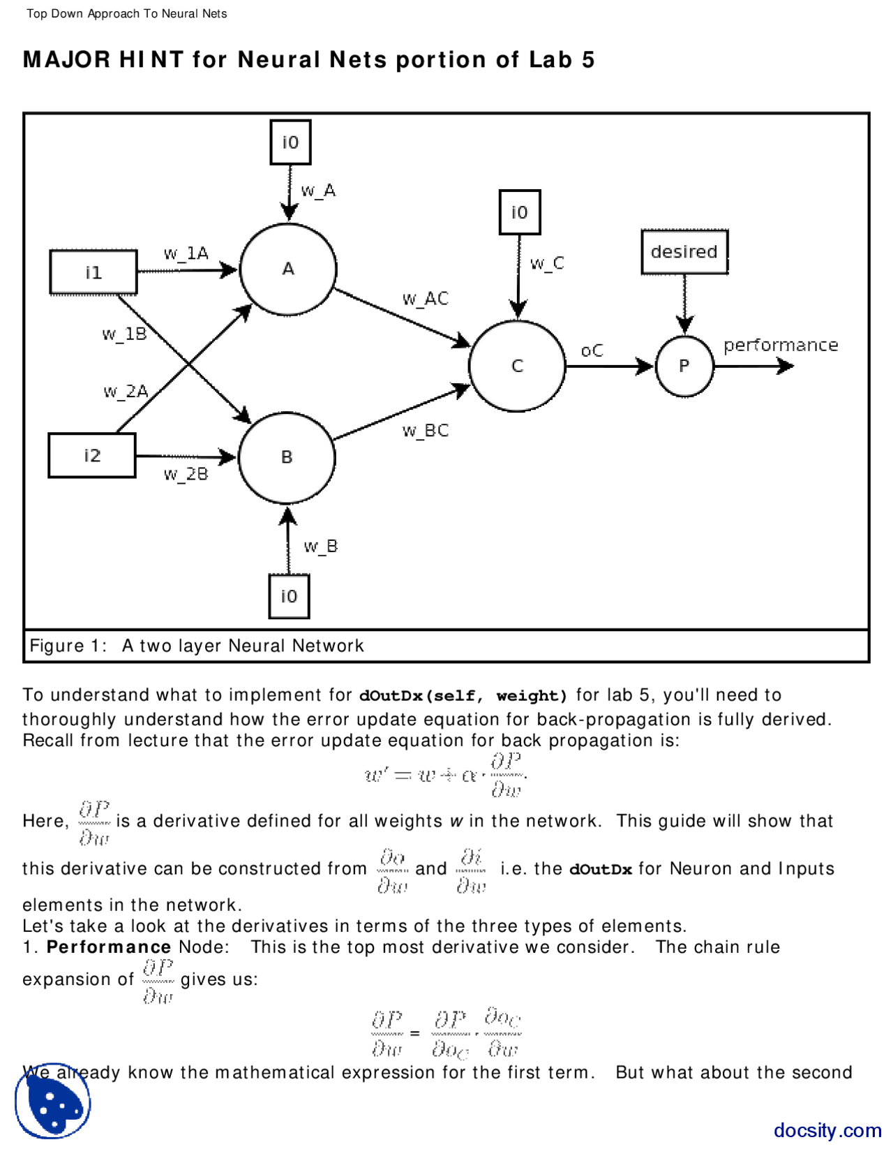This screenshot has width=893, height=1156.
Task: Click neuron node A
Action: point(288,269)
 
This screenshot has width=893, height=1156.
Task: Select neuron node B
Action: point(287,457)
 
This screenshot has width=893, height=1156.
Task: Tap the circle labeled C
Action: point(517,366)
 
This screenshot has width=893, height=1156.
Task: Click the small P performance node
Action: point(684,366)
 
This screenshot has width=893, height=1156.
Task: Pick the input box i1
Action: point(93,272)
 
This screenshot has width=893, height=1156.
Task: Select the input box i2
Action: point(92,455)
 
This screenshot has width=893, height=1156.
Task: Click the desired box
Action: point(684,252)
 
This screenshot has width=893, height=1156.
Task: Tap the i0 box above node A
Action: point(290,142)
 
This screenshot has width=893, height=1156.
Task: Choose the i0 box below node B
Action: point(289,596)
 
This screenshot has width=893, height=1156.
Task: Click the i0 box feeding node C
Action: point(520,212)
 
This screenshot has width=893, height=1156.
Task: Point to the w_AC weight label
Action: point(425,299)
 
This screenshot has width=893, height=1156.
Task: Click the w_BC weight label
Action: point(425,431)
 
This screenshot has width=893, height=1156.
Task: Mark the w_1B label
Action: point(124,334)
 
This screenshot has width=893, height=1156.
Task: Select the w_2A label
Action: point(126,392)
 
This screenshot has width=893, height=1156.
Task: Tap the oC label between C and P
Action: point(592,350)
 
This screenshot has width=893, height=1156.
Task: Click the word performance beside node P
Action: point(780,346)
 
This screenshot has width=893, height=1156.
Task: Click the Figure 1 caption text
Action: point(197,646)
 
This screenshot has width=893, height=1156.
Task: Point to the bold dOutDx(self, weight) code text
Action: point(463,696)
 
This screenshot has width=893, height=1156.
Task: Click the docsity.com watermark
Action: point(827,1130)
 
